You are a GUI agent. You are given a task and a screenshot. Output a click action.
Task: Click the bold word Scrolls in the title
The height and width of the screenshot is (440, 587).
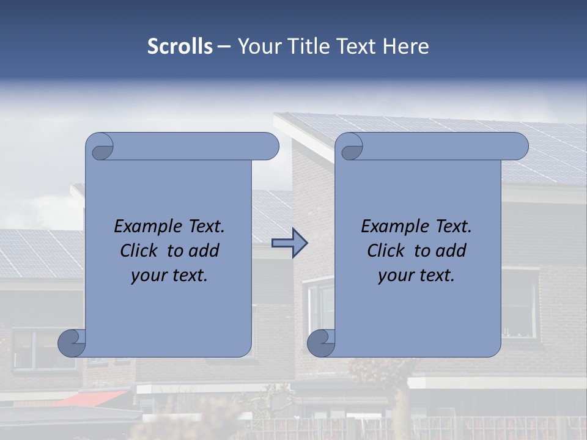(180, 46)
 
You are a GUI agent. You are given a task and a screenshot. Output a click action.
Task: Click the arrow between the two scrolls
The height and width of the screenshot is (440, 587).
(290, 243)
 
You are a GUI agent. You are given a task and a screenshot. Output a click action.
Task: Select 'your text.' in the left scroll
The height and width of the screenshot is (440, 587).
(169, 276)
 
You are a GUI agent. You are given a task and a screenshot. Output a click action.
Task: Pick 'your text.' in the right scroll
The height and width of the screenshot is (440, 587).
(416, 276)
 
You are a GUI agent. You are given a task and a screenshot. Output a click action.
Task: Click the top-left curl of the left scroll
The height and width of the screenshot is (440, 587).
(102, 147)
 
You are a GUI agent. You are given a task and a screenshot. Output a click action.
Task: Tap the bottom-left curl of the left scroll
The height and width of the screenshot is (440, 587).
(72, 342)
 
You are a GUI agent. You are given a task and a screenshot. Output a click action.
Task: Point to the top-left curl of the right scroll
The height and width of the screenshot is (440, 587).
(351, 147)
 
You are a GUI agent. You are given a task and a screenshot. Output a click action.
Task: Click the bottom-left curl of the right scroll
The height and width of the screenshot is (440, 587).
(320, 342)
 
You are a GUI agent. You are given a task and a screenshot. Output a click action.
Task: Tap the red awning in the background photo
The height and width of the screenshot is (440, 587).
(92, 398)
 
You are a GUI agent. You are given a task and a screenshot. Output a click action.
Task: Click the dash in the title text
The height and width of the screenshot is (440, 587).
(224, 46)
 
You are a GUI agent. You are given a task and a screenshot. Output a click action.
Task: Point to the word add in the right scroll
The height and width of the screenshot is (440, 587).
(453, 251)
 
